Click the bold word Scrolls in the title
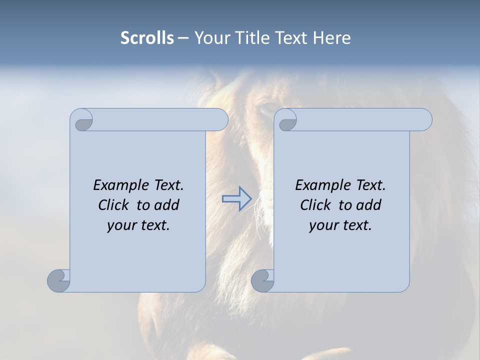pos(147,38)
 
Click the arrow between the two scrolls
pos(236,199)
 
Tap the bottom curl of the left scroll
pos(58,280)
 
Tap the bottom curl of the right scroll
pos(262,280)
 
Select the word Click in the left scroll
pos(114,205)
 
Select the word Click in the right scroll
pos(316,205)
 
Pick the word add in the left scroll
pos(166,205)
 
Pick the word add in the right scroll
pos(368,205)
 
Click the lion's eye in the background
pos(268,107)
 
